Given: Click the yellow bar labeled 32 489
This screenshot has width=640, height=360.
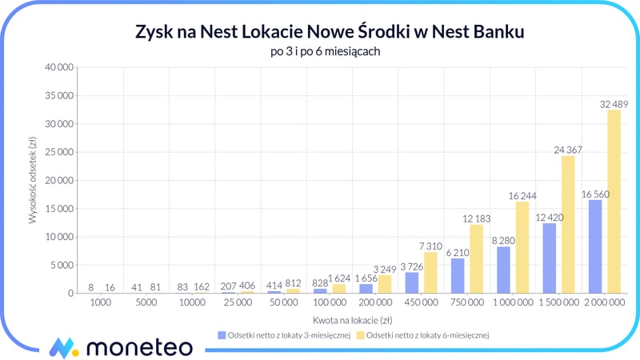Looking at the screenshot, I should coord(614,202).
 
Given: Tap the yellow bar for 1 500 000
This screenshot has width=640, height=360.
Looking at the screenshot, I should coord(567,224).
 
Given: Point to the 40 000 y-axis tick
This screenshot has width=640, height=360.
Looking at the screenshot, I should coord(59,68).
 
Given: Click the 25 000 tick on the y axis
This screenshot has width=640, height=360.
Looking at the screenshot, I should coord(59,152).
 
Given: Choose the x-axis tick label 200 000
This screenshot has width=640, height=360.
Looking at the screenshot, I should coord(373,305).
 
